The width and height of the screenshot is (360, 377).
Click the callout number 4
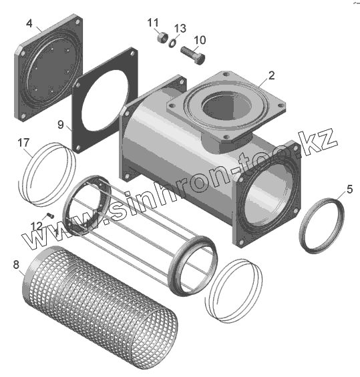pos(29,23)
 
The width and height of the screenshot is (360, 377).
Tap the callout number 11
pos(153,23)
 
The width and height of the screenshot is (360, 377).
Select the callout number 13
pos(180,29)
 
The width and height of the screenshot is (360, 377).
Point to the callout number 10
pos(200,40)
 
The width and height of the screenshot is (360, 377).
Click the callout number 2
pos(271,76)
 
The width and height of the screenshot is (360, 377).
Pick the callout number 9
pos(60,125)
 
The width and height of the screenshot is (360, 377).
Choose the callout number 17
pos(23,143)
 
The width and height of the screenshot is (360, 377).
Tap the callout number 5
pos(349,190)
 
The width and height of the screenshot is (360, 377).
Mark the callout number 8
pos(16,265)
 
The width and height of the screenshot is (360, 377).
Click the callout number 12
pos(36,226)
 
